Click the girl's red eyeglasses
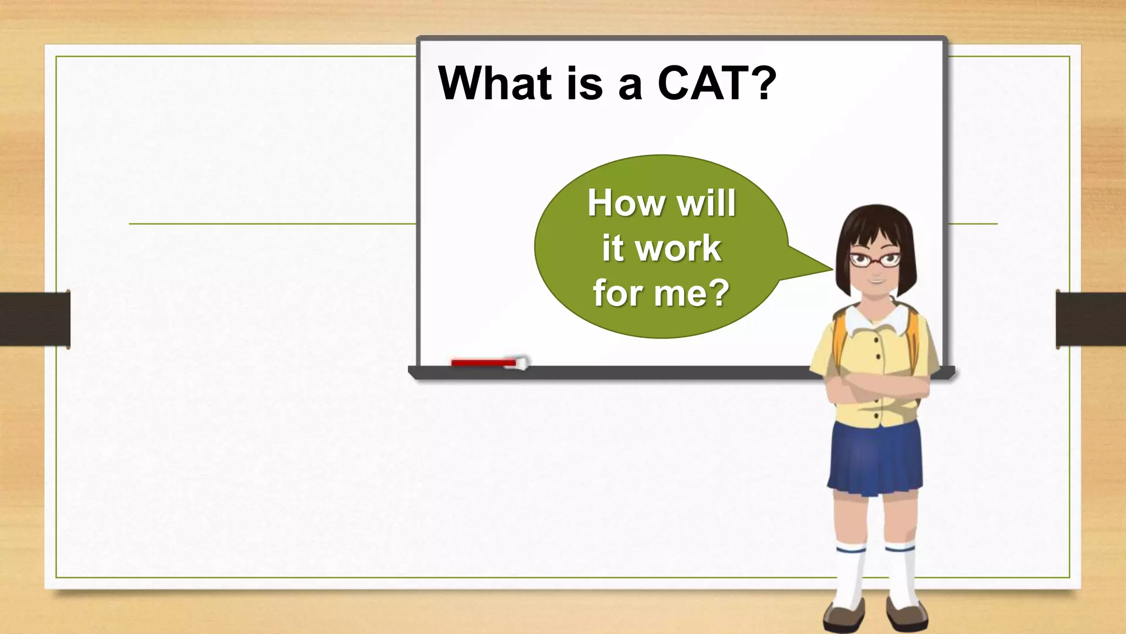[875, 259]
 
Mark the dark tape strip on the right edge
[1091, 319]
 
